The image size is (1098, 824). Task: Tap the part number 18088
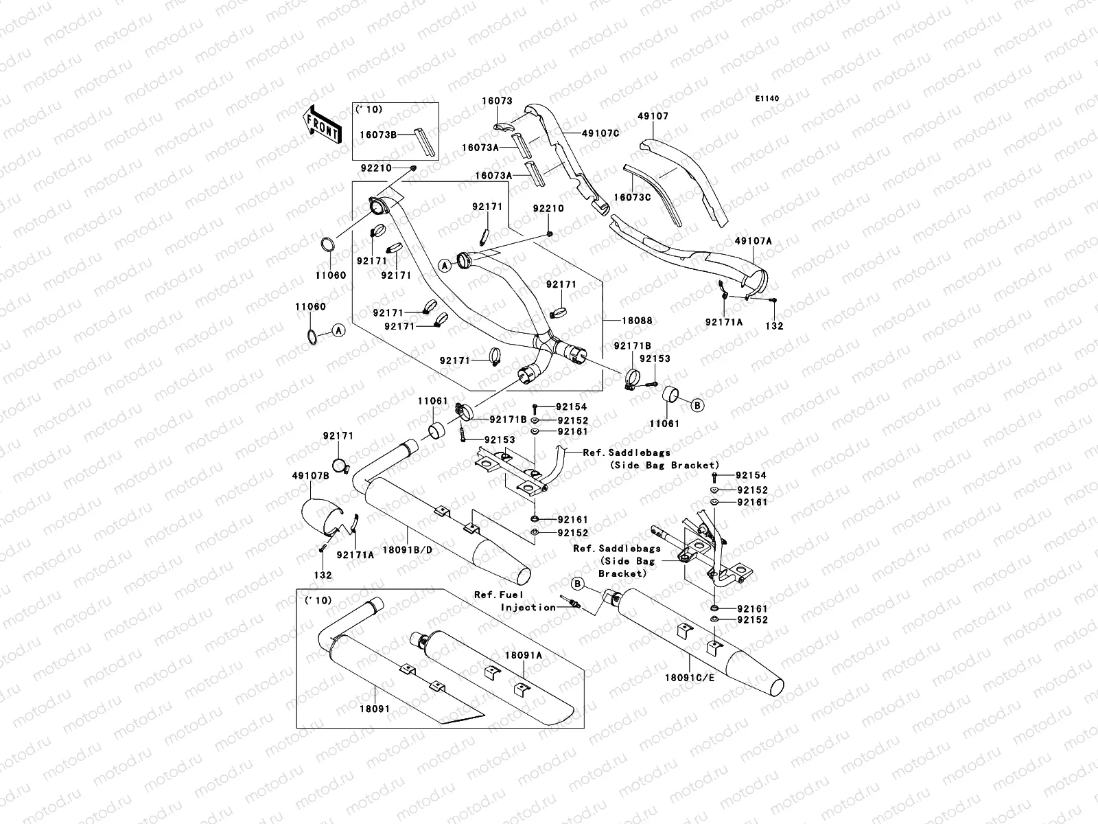point(638,321)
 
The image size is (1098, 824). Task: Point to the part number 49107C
point(600,133)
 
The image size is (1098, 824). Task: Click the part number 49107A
point(753,241)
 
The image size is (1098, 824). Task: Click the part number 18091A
point(524,655)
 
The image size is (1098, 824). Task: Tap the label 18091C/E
point(688,677)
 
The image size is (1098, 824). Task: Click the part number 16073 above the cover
point(496,101)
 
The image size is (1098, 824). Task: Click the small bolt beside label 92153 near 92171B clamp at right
point(654,374)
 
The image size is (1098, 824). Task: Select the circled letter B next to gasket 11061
point(697,405)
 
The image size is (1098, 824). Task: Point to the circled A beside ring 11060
point(337,331)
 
